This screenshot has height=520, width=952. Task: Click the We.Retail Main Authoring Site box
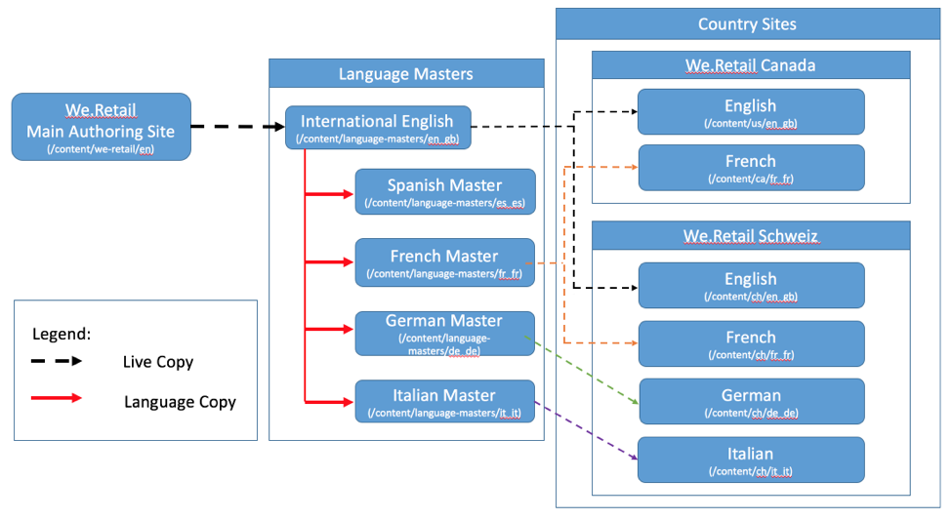coord(101,127)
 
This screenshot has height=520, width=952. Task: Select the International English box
coord(377,128)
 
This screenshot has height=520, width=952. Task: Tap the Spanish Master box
coord(444,191)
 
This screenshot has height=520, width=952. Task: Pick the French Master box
coord(444,262)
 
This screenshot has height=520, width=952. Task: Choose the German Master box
coord(444,334)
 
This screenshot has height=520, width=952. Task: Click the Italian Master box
coord(444,402)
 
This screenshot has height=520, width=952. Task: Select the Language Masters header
coord(405,73)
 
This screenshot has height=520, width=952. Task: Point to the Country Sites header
coord(747,24)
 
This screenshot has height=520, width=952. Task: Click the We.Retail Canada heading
coord(750,65)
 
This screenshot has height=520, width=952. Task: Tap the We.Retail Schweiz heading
coord(750,236)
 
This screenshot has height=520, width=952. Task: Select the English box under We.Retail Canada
coord(750,111)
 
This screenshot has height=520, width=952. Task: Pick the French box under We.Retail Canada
coord(750,168)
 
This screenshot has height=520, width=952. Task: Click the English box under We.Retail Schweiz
coord(750,285)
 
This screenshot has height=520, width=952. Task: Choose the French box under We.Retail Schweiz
coord(750,343)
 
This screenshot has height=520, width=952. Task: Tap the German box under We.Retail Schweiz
coord(750,401)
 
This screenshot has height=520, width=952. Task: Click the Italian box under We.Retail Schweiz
coord(750,460)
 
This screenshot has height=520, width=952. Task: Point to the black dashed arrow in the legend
coord(57,361)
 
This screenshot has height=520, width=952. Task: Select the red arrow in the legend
coord(57,398)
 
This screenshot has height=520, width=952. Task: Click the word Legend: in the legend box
coord(62,334)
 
